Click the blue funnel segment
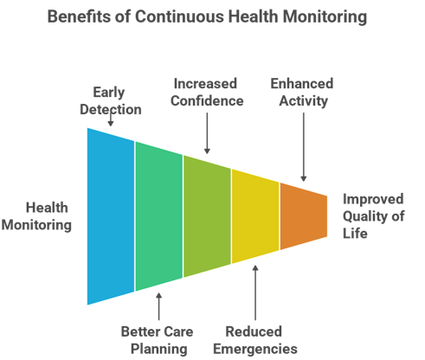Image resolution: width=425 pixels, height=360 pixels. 111,216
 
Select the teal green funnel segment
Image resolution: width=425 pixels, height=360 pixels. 159,216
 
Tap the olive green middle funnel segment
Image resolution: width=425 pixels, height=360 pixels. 207,216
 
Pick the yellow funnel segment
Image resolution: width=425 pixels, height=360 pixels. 255,216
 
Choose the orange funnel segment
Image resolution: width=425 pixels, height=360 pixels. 304,216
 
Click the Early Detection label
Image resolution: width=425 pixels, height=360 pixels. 111,101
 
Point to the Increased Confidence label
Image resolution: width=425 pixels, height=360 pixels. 207,93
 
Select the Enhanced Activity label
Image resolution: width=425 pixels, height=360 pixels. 302,93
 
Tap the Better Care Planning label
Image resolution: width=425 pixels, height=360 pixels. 158,340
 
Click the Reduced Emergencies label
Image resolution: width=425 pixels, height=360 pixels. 255,340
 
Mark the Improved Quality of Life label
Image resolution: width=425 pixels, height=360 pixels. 373,216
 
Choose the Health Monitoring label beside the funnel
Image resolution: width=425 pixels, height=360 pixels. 36,216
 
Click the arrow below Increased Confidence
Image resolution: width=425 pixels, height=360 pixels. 207,133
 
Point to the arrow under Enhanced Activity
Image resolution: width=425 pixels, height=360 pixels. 304,147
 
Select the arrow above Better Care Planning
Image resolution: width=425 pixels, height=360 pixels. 158,306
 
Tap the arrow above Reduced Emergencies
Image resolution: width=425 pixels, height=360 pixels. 255,292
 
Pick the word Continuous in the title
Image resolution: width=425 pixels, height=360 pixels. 179,16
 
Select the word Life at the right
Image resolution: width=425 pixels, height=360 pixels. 355,233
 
